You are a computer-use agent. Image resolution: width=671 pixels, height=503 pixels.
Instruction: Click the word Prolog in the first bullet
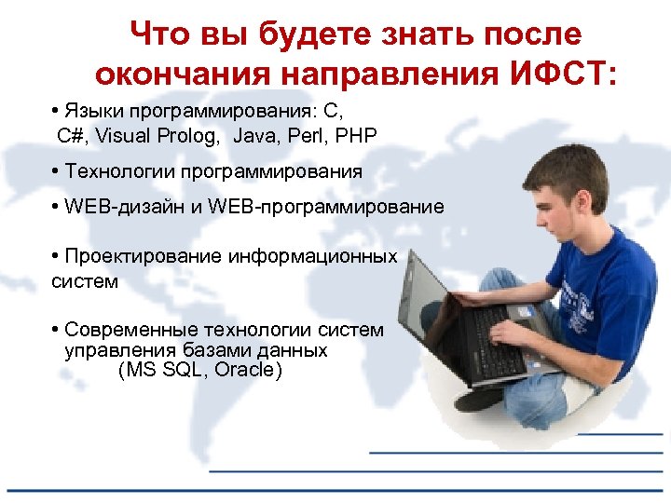point(190,136)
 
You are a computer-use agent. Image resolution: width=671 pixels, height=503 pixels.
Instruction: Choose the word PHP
point(357,136)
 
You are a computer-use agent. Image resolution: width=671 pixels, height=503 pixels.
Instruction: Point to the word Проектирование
point(144,256)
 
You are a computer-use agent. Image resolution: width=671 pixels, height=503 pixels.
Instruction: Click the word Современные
point(130,330)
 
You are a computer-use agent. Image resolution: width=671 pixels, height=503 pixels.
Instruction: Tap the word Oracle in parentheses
point(247,370)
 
